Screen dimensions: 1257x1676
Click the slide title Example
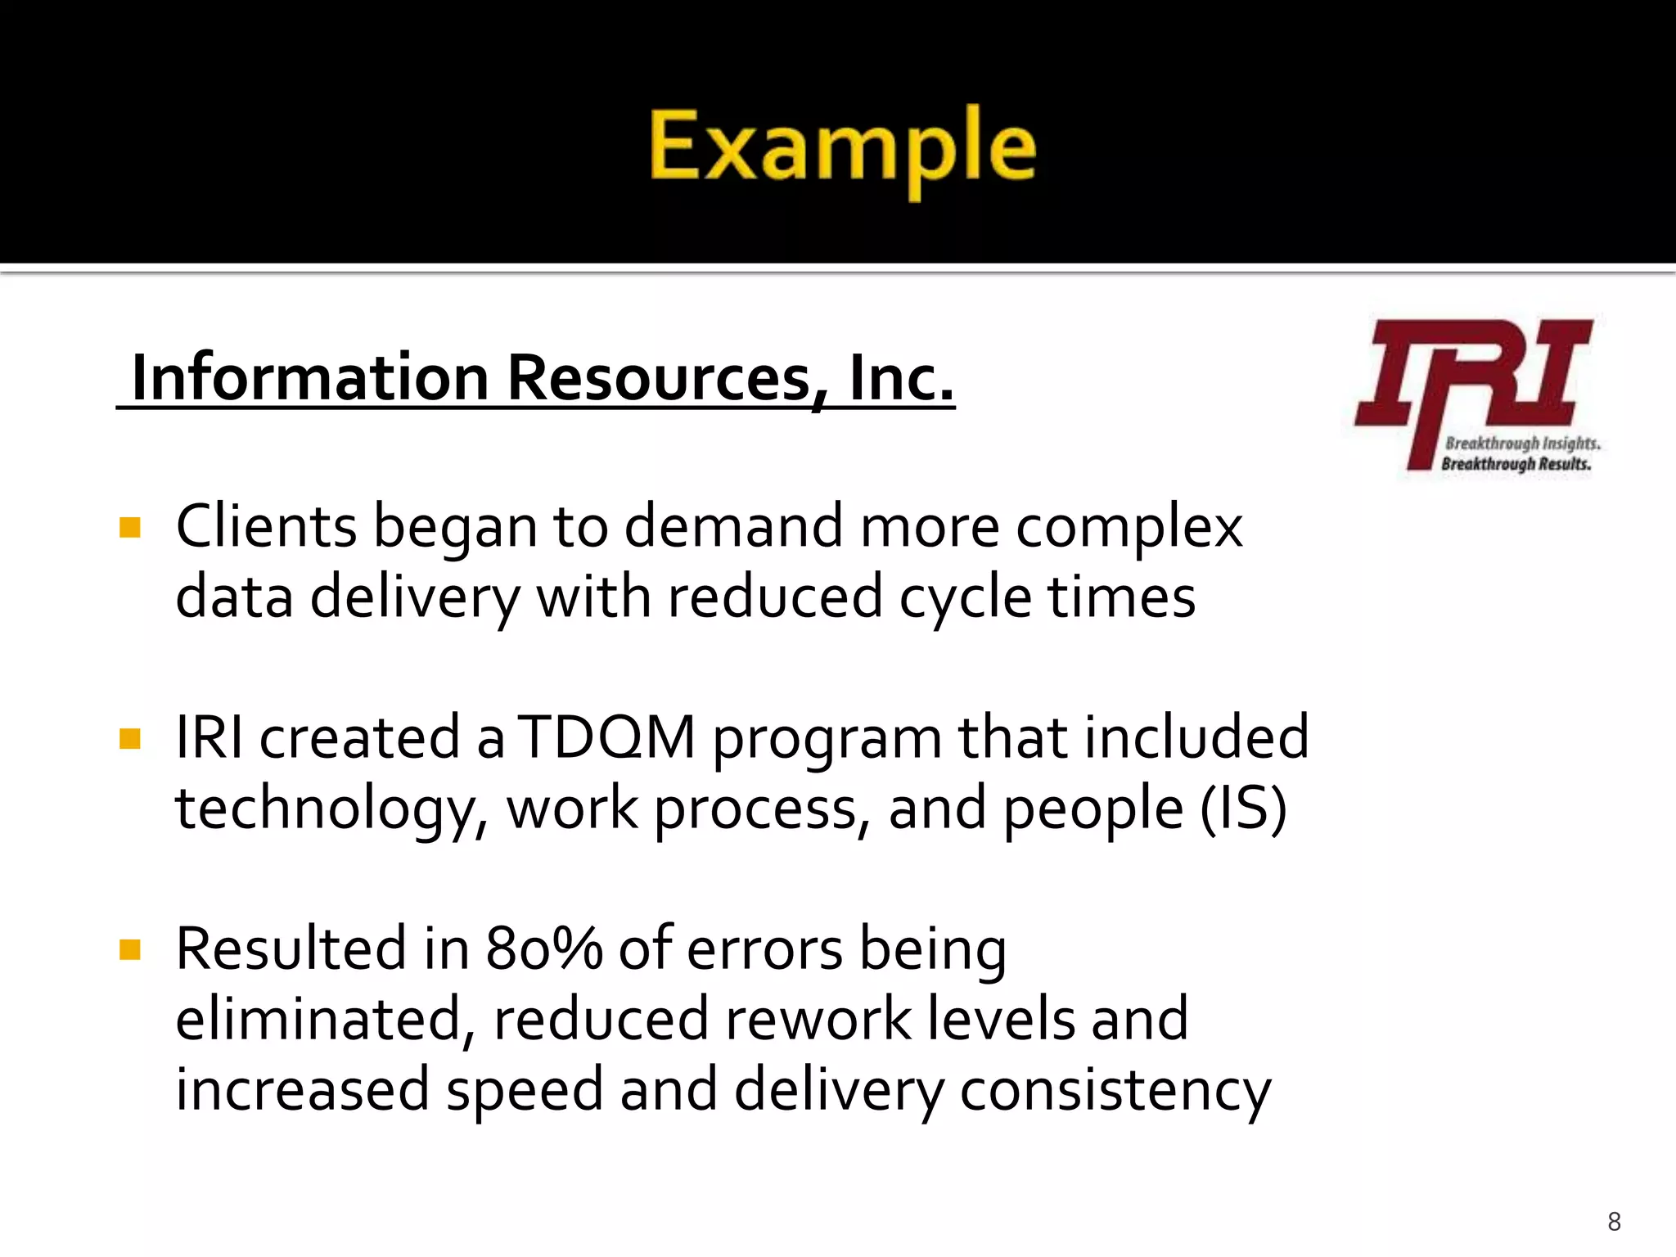(x=842, y=147)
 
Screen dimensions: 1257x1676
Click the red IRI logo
(x=1473, y=376)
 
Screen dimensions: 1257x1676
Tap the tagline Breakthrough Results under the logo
(x=1516, y=464)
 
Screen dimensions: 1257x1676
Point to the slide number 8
(x=1614, y=1222)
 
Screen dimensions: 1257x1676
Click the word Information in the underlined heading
(x=310, y=377)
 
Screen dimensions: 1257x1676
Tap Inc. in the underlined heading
(x=902, y=377)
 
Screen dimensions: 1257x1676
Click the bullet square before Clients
(x=130, y=527)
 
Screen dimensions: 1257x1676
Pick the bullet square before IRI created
(x=130, y=739)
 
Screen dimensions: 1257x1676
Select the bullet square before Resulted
(x=130, y=950)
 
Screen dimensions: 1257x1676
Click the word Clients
(x=266, y=526)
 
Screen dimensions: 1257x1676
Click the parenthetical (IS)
(x=1244, y=809)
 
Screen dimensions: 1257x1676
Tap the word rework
(x=818, y=1019)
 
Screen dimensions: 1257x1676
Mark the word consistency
(x=1115, y=1091)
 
